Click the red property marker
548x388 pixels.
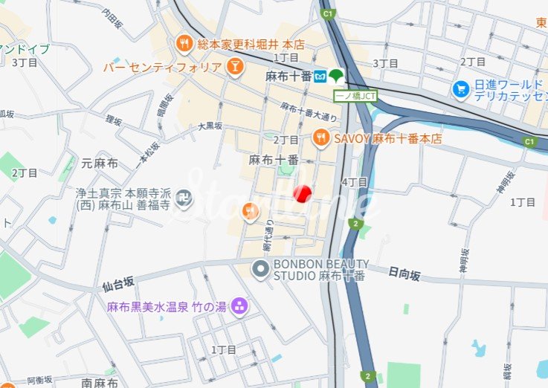pos(302,193)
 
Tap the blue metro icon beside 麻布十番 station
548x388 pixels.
pos(320,76)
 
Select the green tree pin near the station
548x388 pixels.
pos(337,75)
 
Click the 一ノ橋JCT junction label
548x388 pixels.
pos(357,95)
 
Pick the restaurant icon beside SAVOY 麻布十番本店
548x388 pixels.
pos(321,137)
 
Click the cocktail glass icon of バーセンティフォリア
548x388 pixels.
pos(234,68)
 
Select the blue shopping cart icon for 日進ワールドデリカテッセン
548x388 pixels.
pos(461,90)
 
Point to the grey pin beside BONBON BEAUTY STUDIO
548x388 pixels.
pos(260,270)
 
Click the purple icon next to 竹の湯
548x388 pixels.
pos(239,305)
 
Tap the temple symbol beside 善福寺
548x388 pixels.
pos(185,198)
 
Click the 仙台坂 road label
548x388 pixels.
pos(118,283)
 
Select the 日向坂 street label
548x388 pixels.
pos(404,275)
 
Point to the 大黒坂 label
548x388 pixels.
pos(210,127)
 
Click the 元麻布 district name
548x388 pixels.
pos(99,163)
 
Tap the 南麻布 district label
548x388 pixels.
pos(100,383)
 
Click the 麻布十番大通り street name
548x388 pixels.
pos(309,112)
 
